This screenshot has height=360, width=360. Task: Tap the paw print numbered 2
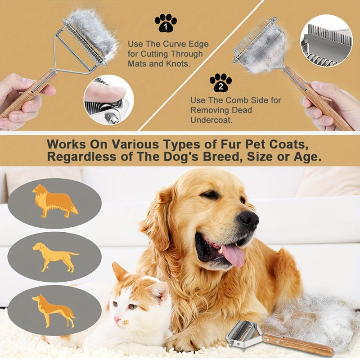pyautogui.click(x=220, y=83)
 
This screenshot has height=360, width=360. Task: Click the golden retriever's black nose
pyautogui.click(x=249, y=219)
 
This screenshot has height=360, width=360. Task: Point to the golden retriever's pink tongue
pyautogui.click(x=232, y=255)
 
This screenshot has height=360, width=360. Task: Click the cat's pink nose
pyautogui.click(x=118, y=319)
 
